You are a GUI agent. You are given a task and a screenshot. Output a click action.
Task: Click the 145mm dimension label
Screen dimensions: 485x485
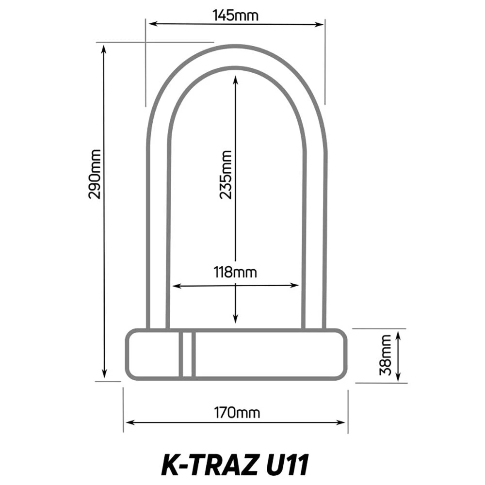236,16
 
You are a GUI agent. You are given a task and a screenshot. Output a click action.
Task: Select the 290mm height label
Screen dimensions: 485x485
95,174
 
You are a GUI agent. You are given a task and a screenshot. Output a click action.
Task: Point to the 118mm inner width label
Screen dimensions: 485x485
235,272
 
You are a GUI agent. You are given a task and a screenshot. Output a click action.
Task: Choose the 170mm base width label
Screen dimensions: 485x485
237,413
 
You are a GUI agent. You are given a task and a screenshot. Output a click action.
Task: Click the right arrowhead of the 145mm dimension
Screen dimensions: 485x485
321,23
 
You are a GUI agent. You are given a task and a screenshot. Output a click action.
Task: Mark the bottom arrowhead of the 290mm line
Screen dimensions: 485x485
104,374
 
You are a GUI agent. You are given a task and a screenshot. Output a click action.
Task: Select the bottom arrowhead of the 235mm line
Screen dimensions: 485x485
235,320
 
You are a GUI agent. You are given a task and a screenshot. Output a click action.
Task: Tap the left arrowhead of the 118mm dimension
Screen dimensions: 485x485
176,286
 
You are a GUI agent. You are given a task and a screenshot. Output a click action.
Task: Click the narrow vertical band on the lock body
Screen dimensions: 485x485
187,355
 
